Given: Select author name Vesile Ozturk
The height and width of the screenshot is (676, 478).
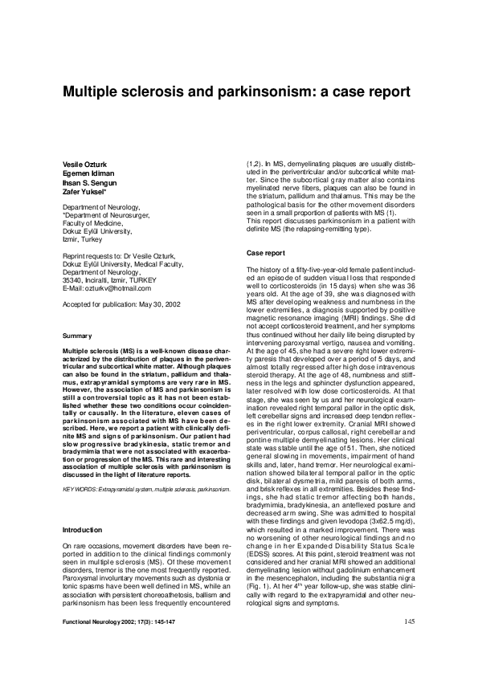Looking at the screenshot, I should pyautogui.click(x=84, y=164).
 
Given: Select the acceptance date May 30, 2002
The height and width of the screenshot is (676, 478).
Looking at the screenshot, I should pyautogui.click(x=161, y=304).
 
